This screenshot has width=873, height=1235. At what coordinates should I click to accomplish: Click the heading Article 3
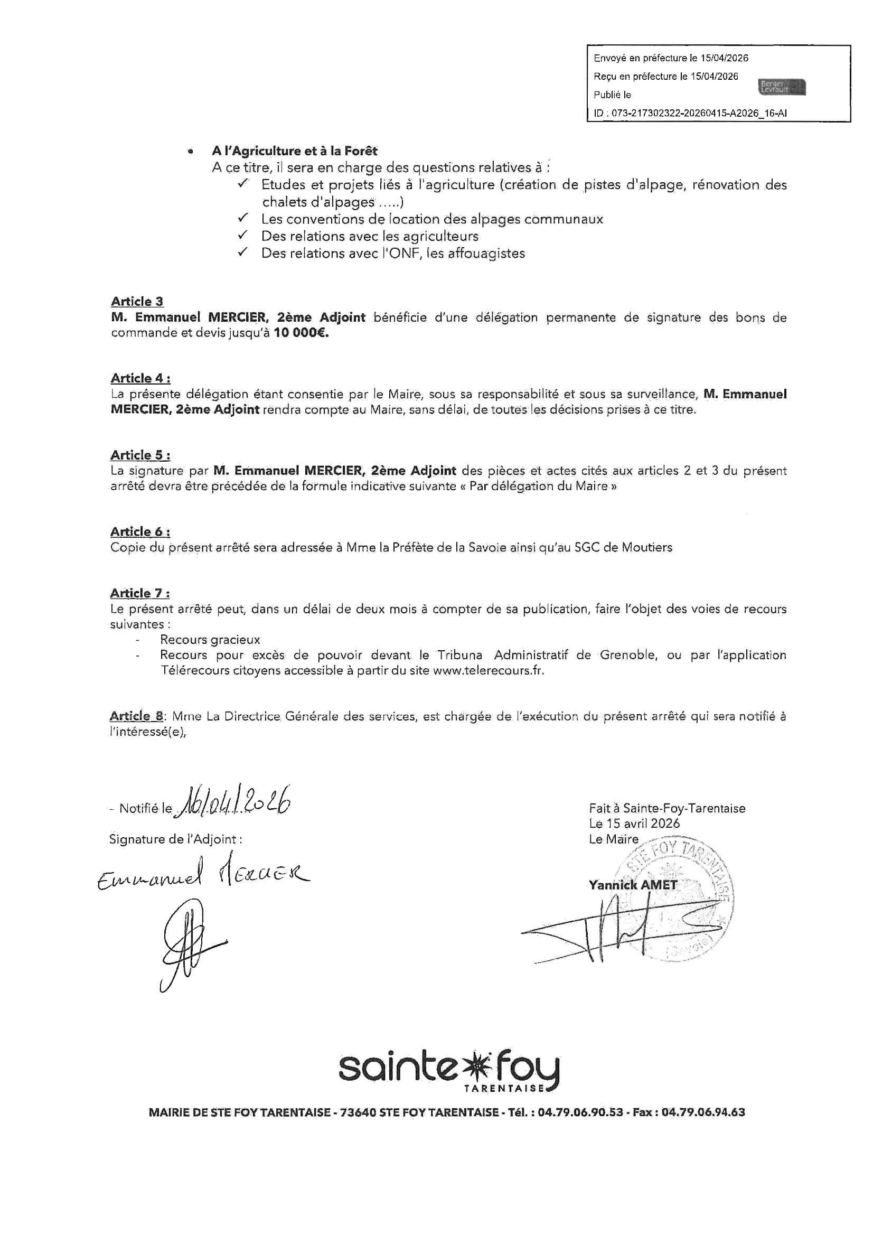click(x=137, y=301)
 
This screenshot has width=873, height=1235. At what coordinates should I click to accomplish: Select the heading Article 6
click(x=140, y=531)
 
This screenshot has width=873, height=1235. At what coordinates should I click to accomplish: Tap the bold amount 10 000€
click(x=301, y=333)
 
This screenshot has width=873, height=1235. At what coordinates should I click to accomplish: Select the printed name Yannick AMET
click(x=633, y=885)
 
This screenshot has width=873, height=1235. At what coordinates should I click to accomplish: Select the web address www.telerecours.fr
click(x=488, y=671)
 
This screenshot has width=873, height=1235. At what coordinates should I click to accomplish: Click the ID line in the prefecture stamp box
click(x=690, y=114)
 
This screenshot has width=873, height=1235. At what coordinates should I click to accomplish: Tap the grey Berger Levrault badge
click(x=783, y=87)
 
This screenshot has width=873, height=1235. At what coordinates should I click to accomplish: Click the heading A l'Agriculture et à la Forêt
click(x=295, y=151)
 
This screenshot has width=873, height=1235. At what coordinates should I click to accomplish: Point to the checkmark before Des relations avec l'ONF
click(x=243, y=252)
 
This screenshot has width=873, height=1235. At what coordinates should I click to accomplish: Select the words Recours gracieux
click(x=210, y=640)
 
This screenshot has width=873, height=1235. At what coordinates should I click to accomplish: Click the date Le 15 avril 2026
click(x=634, y=824)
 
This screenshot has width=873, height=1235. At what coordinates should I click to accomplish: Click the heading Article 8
click(x=137, y=716)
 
